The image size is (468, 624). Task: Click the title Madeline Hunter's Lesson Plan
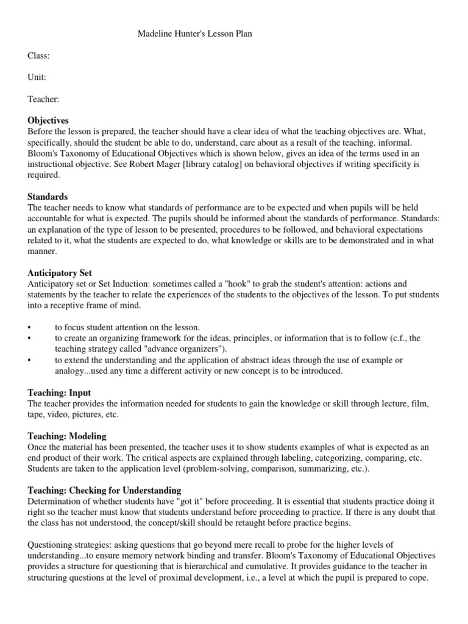pyautogui.click(x=194, y=34)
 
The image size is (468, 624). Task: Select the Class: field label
pyautogui.click(x=38, y=55)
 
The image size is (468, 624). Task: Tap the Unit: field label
pyautogui.click(x=37, y=77)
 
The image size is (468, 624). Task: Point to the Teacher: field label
pyautogui.click(x=43, y=99)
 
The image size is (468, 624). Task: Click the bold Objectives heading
pyautogui.click(x=48, y=121)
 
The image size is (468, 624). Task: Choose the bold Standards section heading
pyautogui.click(x=48, y=197)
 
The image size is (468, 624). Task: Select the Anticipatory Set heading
pyautogui.click(x=60, y=273)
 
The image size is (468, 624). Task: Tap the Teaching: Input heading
pyautogui.click(x=59, y=393)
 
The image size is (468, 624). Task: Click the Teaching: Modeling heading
pyautogui.click(x=67, y=436)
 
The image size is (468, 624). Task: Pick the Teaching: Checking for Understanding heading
pyautogui.click(x=104, y=491)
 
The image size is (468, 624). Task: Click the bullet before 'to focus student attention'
pyautogui.click(x=30, y=327)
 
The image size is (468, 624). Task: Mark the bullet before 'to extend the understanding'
pyautogui.click(x=30, y=360)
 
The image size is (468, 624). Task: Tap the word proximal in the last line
pyautogui.click(x=183, y=578)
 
